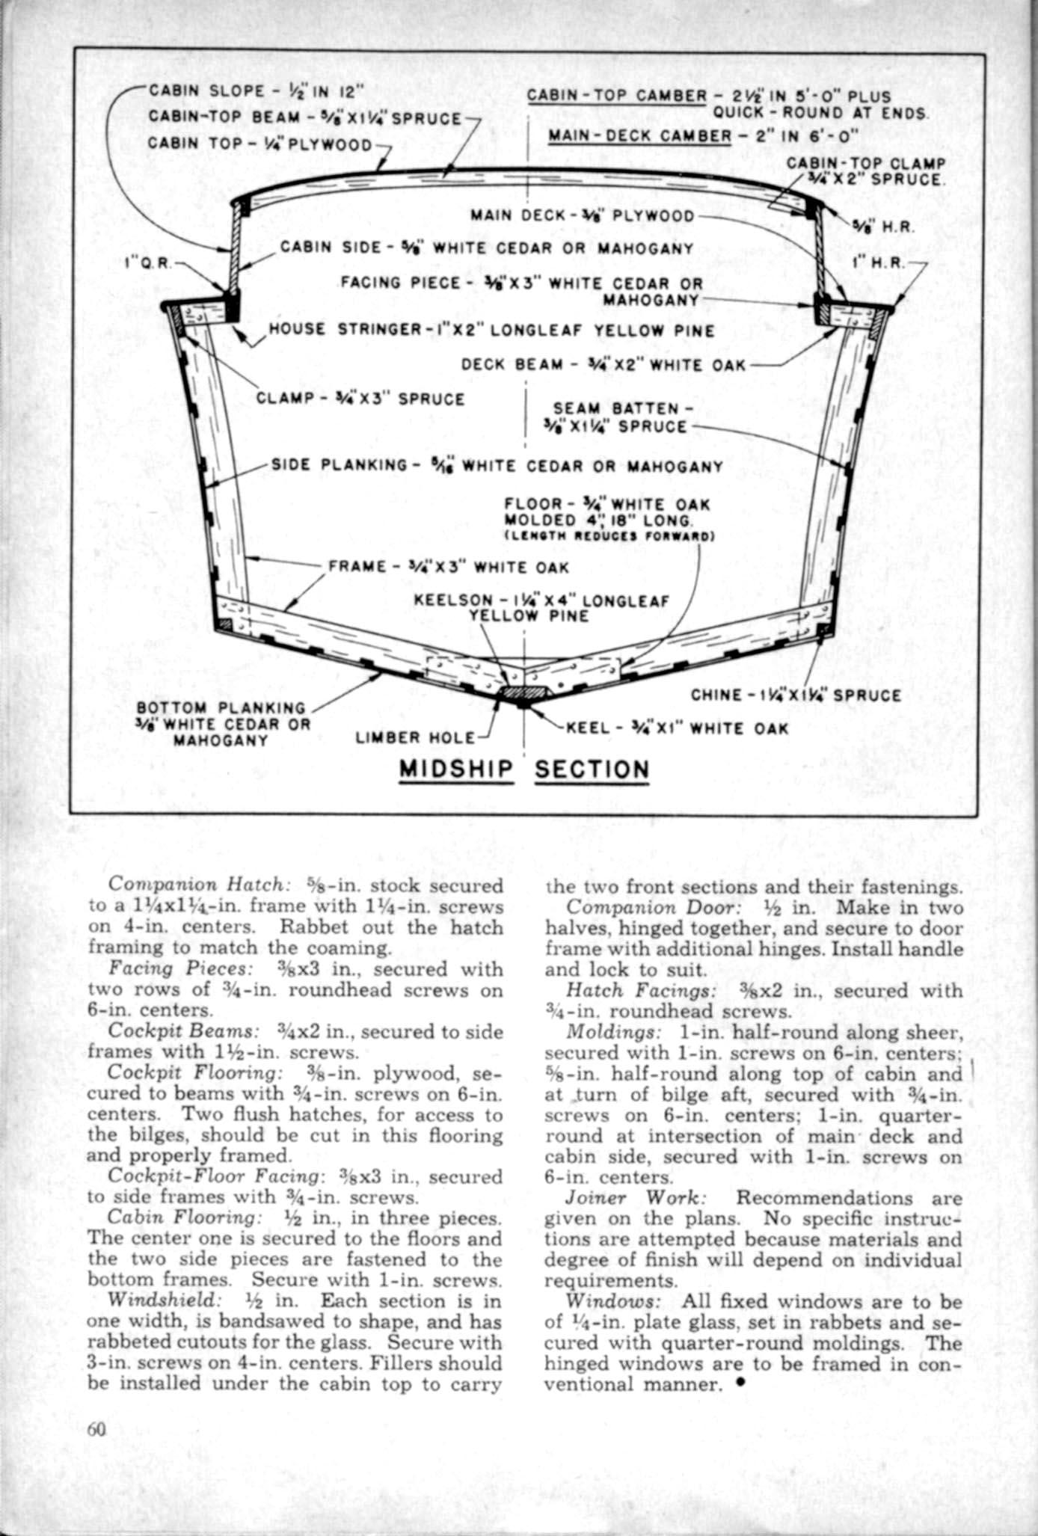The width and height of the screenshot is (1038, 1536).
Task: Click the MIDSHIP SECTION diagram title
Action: tap(524, 769)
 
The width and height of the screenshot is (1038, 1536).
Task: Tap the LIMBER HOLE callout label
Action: tap(415, 738)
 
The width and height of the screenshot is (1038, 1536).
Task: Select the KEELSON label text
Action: tap(541, 607)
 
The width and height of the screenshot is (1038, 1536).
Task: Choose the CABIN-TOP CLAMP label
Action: tap(866, 171)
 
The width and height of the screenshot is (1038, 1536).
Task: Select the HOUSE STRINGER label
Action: tap(491, 330)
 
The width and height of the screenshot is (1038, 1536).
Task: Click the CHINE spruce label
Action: tap(796, 695)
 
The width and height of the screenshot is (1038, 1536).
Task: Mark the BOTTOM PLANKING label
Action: tap(221, 724)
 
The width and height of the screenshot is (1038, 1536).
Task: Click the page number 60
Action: tap(97, 1428)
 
